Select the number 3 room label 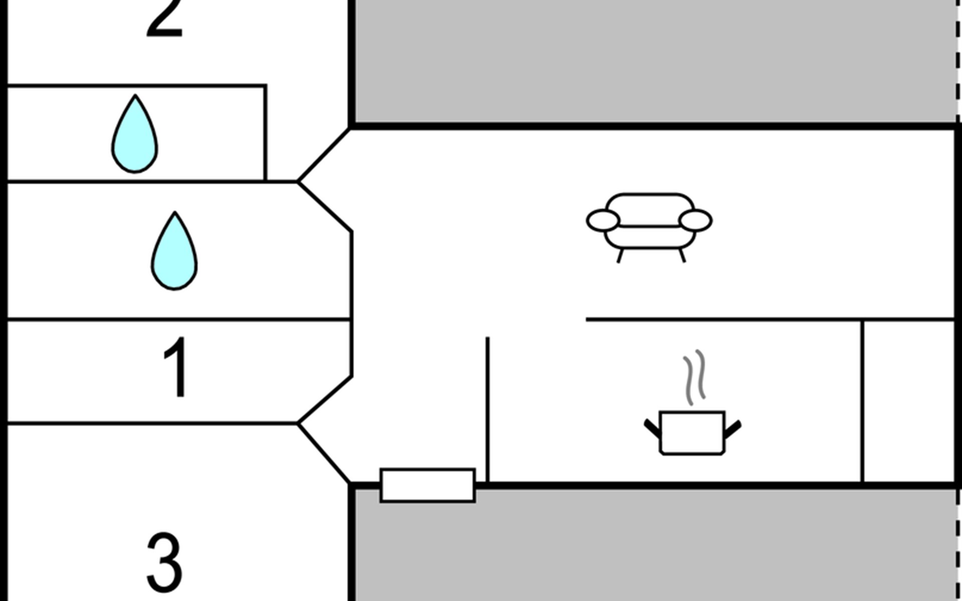point(164,562)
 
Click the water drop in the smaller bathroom point(134,134)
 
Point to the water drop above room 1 point(174,251)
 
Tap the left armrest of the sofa point(603,221)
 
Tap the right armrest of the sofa point(695,221)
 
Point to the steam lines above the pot point(694,377)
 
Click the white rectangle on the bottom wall point(428,485)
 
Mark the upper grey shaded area point(654,60)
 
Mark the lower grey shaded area point(654,545)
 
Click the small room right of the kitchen point(909,401)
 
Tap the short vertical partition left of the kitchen point(488,410)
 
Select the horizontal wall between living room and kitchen point(771,319)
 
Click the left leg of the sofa point(620,255)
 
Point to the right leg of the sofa point(682,255)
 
